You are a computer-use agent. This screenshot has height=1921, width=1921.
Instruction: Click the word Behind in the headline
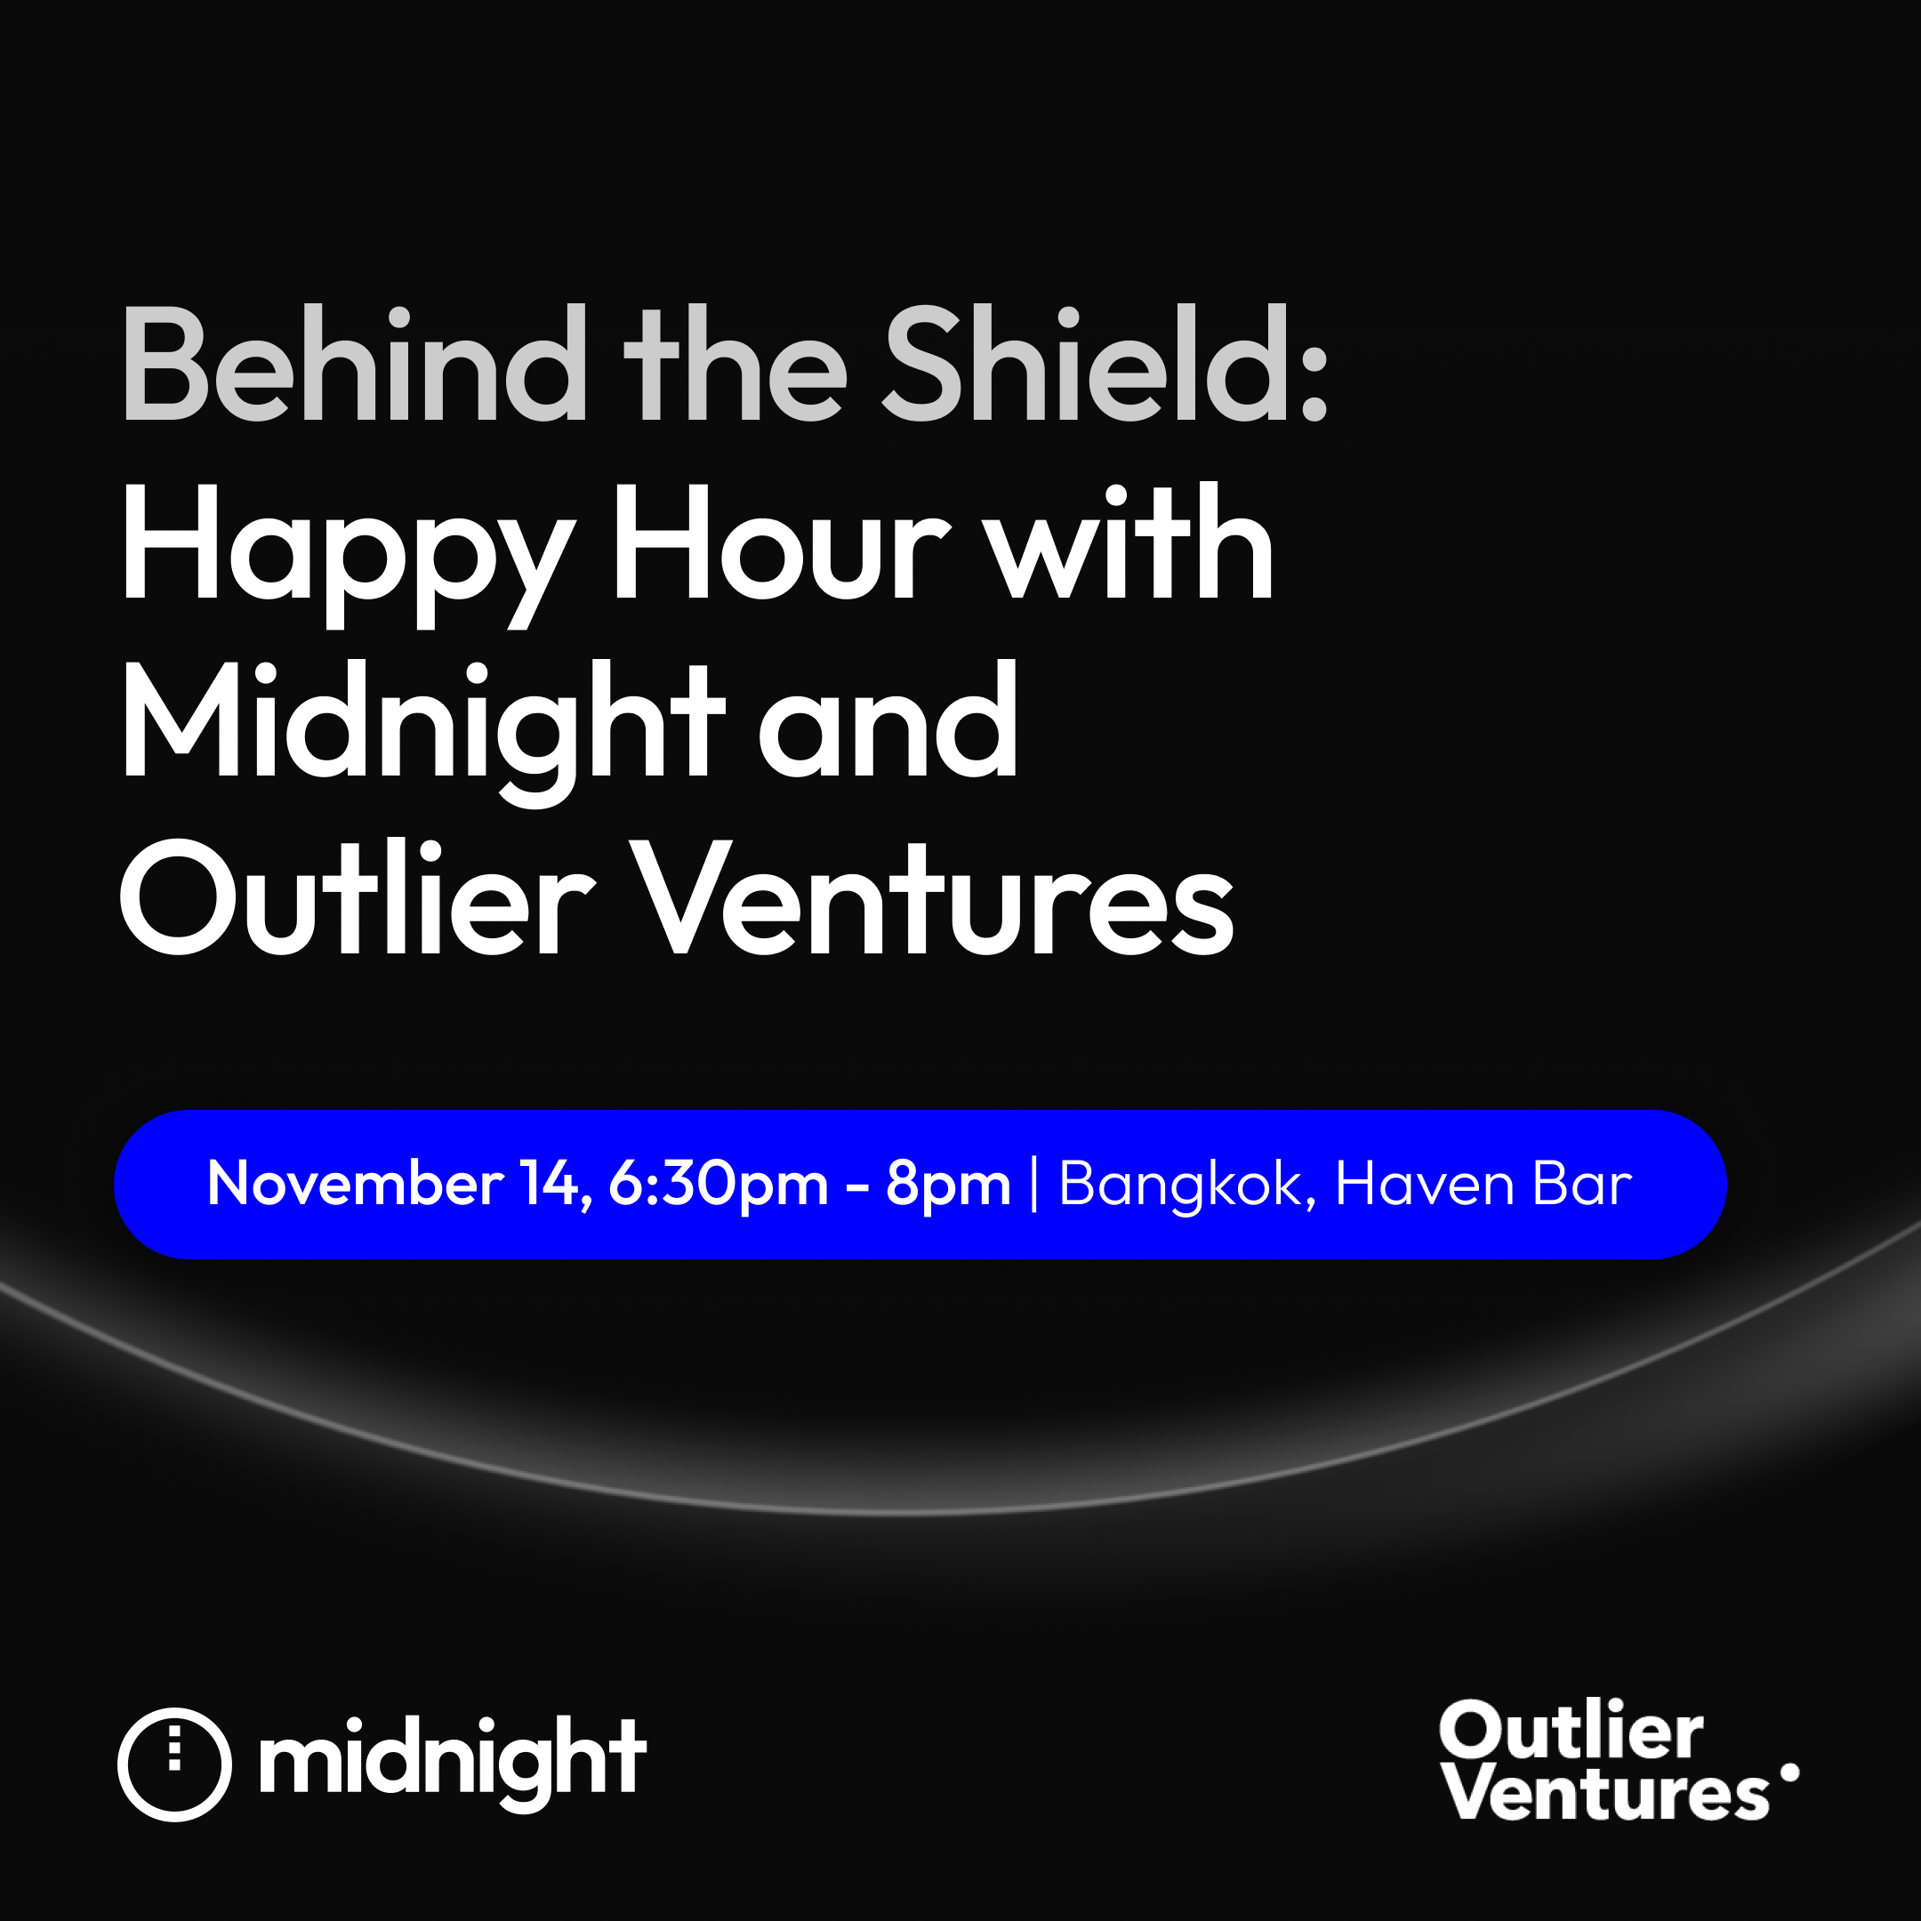(354, 364)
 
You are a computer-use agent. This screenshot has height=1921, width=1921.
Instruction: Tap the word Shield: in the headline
(1105, 364)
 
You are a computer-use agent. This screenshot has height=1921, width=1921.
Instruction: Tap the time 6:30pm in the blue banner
(718, 1186)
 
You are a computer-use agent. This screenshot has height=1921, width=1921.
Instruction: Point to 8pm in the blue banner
(947, 1186)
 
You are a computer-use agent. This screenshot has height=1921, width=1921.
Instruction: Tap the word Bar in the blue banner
(1583, 1183)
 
